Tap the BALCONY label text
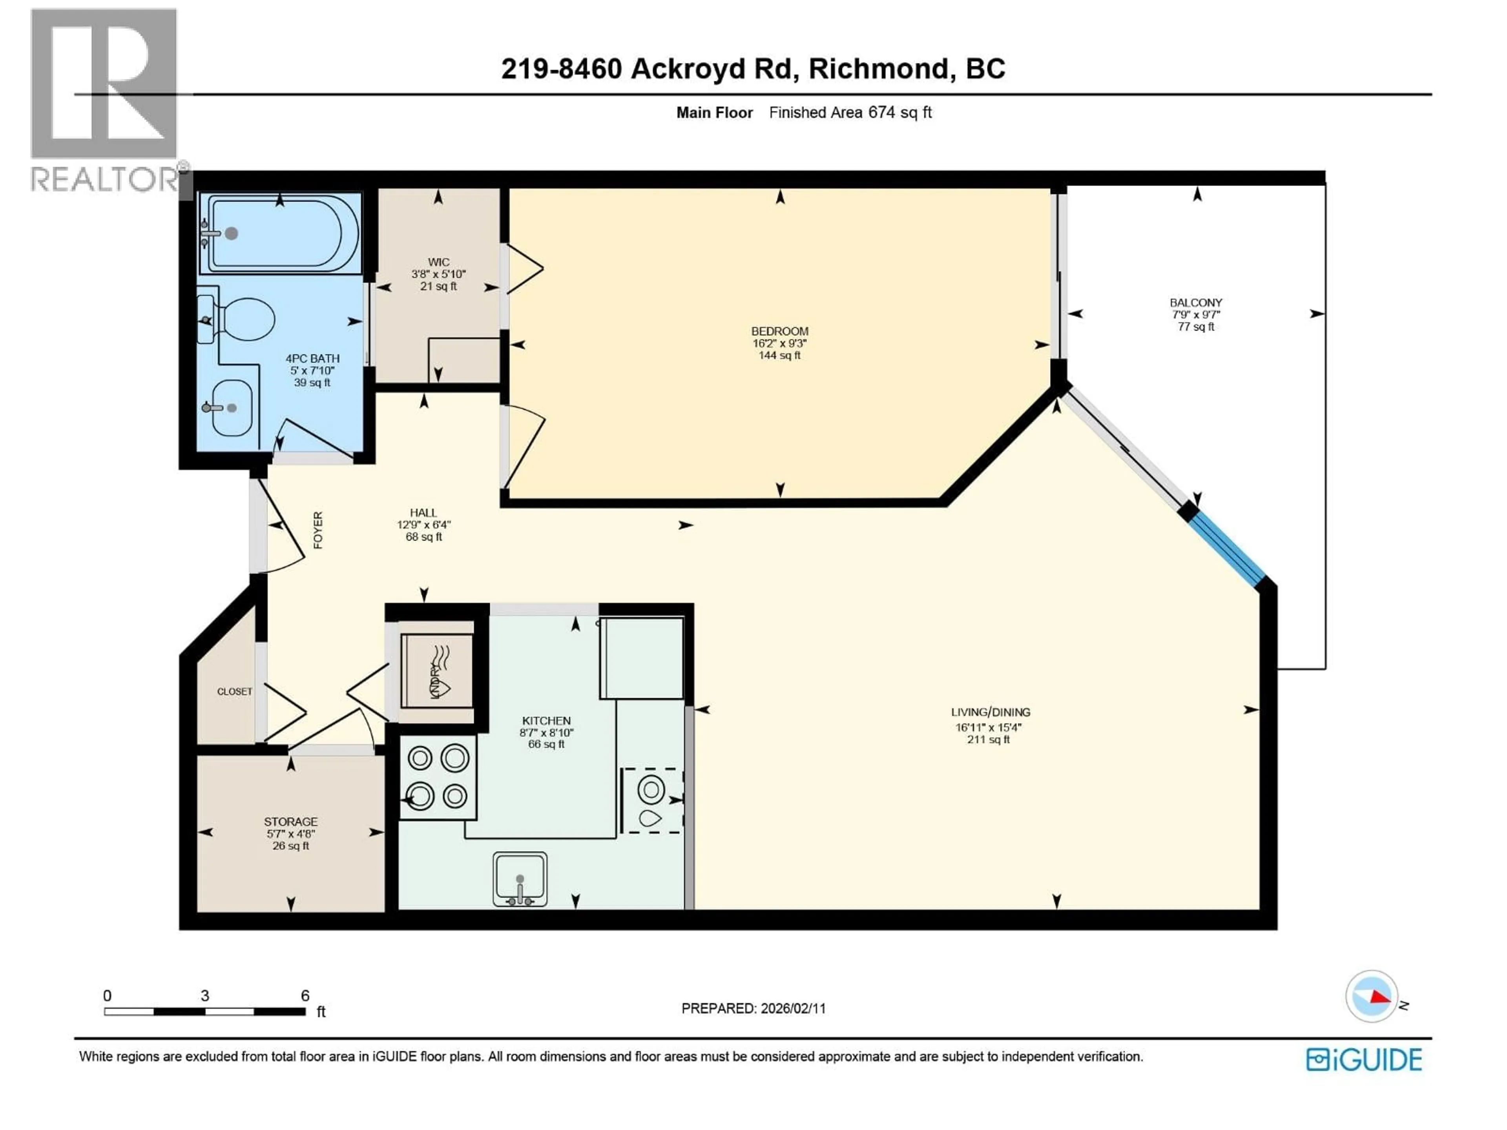(1196, 303)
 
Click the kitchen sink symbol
(520, 878)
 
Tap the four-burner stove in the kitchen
(438, 776)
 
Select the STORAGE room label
(291, 822)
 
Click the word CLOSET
(234, 691)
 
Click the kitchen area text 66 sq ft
(546, 744)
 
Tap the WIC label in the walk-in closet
(438, 262)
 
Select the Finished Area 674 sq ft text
(850, 112)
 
